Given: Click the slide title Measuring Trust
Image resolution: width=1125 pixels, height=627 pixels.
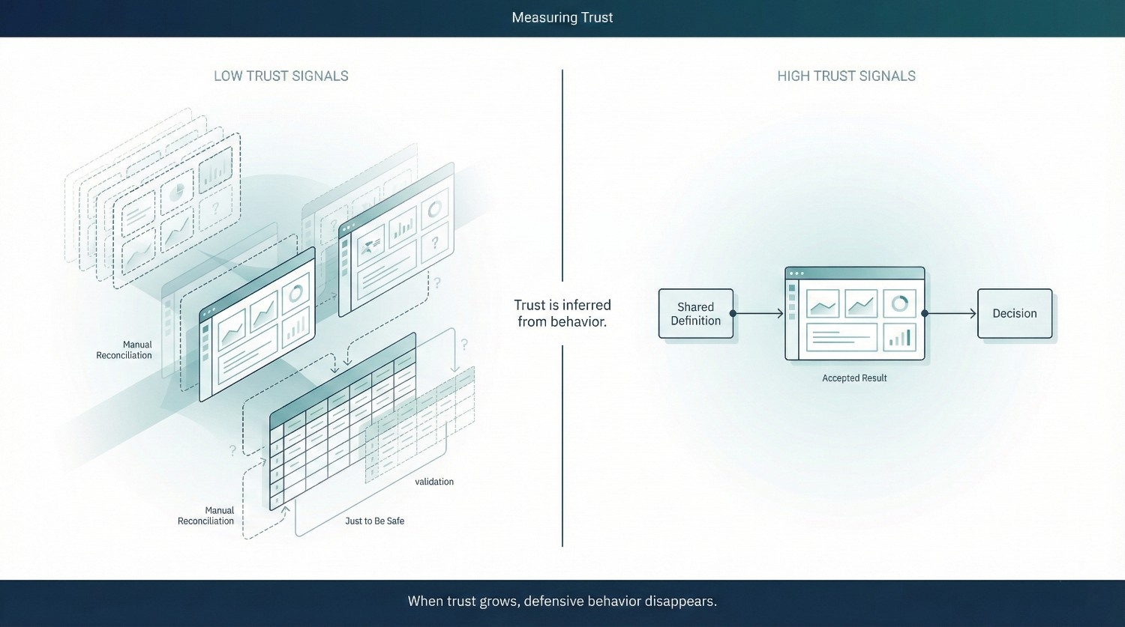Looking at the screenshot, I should (562, 17).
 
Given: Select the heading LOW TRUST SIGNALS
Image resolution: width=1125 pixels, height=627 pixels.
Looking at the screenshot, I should (280, 76).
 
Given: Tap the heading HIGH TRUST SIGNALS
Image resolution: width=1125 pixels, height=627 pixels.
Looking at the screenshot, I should (846, 76).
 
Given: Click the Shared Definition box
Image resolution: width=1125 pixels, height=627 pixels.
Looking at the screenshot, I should (695, 314).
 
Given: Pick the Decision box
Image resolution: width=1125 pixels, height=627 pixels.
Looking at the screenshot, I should (1014, 314).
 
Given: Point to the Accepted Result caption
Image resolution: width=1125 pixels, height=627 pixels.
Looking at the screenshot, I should (854, 378).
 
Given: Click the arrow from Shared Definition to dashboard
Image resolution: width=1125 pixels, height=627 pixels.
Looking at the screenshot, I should (758, 314).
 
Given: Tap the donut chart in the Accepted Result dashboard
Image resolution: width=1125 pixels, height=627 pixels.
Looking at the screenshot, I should (900, 303).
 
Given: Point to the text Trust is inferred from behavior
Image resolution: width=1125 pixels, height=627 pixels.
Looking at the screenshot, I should (562, 313).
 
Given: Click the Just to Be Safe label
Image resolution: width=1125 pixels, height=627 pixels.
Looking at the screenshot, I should (374, 521).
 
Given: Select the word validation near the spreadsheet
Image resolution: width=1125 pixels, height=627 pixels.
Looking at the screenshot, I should (434, 482).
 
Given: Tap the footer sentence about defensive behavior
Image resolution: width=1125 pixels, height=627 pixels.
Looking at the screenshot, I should (562, 601).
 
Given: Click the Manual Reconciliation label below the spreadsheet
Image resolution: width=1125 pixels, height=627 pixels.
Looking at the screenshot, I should (205, 515).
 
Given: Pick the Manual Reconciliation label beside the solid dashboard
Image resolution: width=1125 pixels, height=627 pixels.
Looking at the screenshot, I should (124, 350).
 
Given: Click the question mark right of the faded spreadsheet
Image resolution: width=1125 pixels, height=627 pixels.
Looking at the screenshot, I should (464, 345).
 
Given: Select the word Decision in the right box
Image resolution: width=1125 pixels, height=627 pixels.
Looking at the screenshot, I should (1014, 314).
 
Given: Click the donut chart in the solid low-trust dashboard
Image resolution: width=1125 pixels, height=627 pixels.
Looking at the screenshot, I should (295, 294).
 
